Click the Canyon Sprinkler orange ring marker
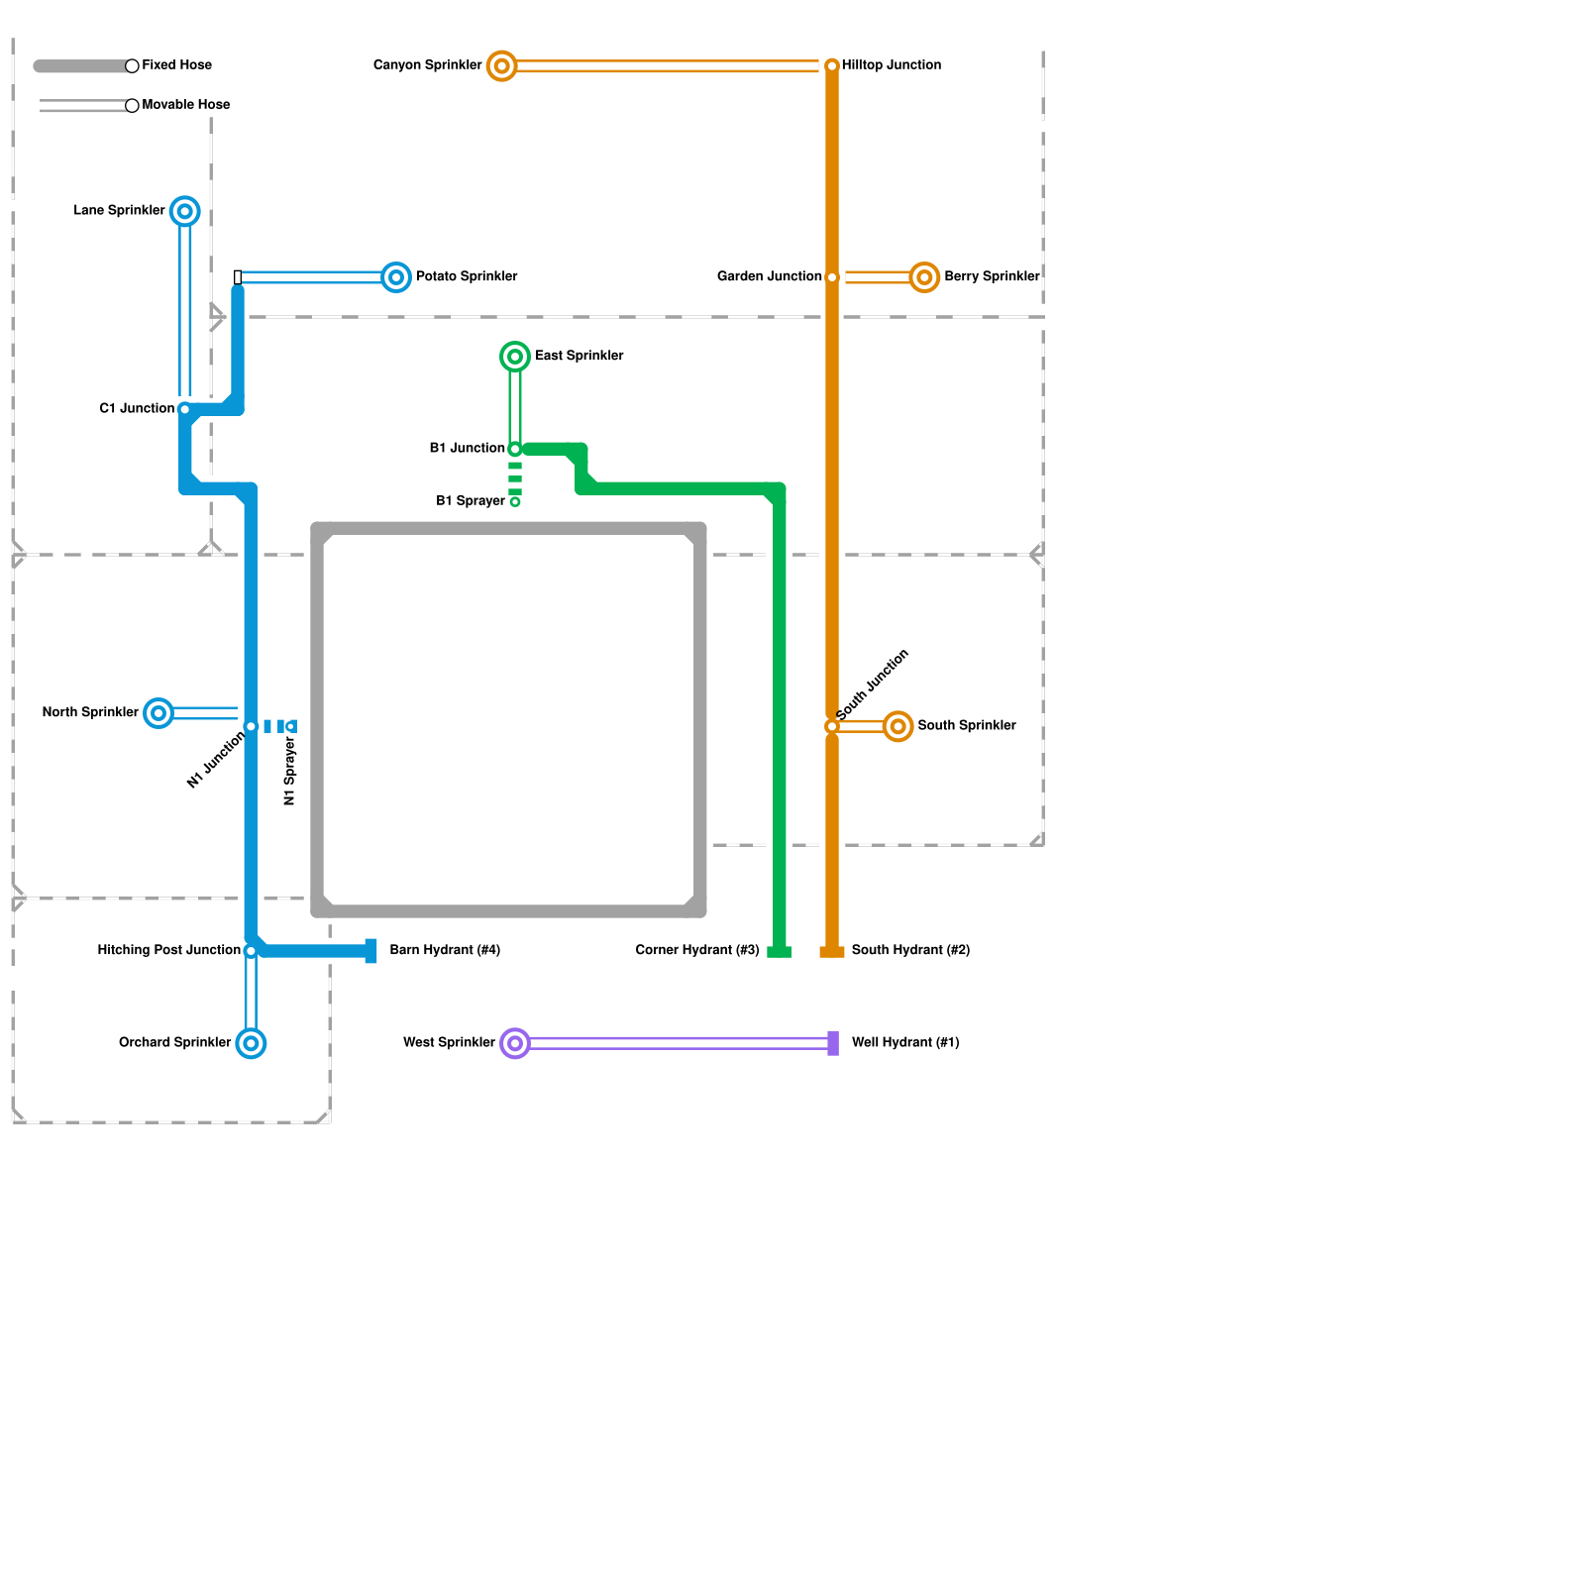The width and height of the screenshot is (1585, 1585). pos(502,66)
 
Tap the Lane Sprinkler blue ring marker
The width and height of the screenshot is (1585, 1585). pos(185,211)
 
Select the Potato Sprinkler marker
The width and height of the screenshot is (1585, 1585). pos(396,277)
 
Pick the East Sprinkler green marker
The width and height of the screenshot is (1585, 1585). pos(515,357)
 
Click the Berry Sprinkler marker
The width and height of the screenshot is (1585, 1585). pos(924,277)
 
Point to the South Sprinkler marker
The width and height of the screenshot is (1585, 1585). pos(898,726)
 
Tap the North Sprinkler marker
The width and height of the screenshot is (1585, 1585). pos(158,713)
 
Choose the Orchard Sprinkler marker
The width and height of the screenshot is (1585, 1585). pos(252,1043)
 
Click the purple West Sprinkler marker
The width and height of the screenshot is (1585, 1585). pos(515,1043)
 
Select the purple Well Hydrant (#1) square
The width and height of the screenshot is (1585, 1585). pos(833,1043)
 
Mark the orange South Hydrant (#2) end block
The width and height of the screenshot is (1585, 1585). pos(832,952)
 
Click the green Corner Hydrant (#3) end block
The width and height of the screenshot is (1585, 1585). pos(780,952)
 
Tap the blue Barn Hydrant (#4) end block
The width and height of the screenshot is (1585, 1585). pos(371,951)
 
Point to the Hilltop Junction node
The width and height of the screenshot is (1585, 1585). pos(832,66)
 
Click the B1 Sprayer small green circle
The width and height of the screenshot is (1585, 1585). pos(515,502)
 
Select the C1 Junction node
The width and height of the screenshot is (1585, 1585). pos(185,409)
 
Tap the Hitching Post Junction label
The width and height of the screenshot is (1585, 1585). pos(168,950)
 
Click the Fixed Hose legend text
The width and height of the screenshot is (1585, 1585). pos(176,65)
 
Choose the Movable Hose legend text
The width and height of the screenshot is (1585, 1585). pos(185,105)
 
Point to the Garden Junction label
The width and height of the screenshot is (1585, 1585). pos(769,276)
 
